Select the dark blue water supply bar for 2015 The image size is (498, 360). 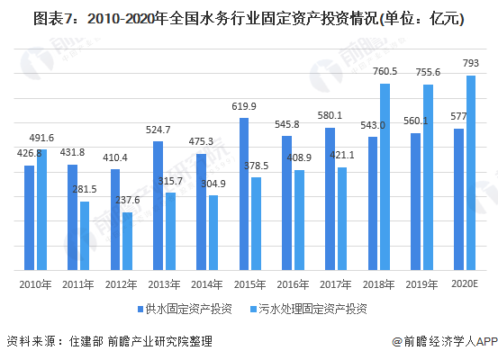[244, 193]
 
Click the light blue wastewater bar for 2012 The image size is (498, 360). [127, 241]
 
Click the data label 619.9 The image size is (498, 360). [243, 106]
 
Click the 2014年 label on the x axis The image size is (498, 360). [206, 283]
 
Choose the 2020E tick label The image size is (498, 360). [465, 283]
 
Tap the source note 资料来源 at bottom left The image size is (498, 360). [110, 342]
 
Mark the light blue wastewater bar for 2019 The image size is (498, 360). [428, 177]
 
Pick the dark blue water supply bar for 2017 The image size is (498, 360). [330, 199]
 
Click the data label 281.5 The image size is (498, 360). [84, 190]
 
